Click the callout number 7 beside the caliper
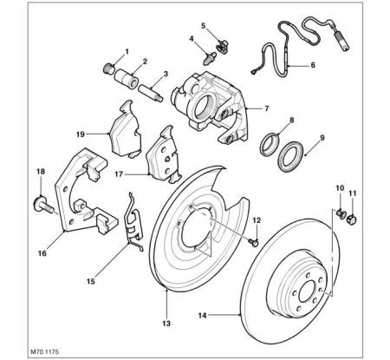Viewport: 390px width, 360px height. coord(266,108)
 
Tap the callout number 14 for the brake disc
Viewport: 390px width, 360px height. coord(202,315)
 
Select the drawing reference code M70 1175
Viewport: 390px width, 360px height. coord(44,352)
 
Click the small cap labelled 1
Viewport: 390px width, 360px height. coord(108,69)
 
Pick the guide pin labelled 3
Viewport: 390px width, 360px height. coord(151,93)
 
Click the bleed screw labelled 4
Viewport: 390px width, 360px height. coord(210,60)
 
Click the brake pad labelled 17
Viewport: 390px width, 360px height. coord(163,154)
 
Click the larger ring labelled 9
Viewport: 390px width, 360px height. coord(291,156)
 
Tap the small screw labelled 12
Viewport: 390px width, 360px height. coord(254,242)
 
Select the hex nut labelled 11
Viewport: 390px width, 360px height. coord(352,219)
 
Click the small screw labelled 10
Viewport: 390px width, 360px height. coord(341,213)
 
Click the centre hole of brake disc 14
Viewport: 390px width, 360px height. coord(307,292)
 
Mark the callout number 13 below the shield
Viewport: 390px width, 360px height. coord(166,324)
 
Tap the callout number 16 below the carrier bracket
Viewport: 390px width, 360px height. coord(42,253)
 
